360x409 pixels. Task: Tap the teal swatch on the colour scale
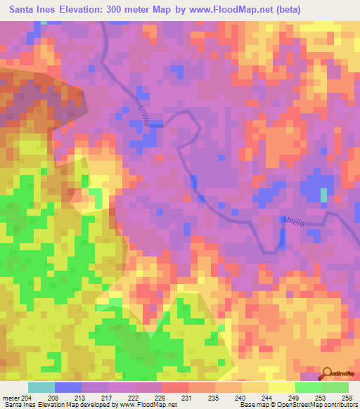coord(41,387)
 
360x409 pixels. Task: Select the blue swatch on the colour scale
coord(68,387)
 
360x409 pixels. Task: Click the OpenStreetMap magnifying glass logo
coord(328,373)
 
